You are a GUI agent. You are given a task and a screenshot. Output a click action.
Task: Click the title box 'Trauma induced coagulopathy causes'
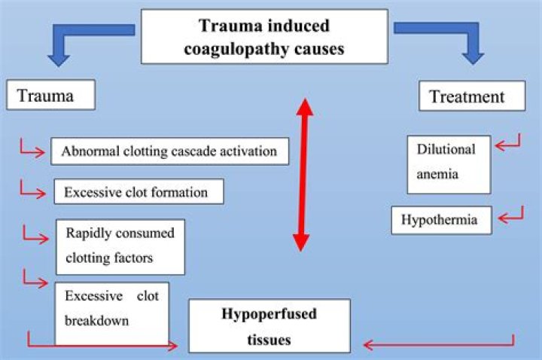point(264,36)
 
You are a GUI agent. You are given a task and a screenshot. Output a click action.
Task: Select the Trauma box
point(51,96)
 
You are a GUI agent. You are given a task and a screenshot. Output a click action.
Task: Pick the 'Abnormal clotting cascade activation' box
point(170,151)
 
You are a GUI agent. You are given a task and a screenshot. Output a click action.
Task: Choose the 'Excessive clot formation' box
point(139,191)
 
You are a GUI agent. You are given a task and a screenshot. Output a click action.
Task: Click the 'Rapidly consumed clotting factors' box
point(120,245)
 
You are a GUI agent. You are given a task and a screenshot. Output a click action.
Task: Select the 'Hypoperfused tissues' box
point(269,325)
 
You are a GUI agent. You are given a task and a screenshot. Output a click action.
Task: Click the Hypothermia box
point(441,221)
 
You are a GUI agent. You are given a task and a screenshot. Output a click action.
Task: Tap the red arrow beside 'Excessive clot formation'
point(35,190)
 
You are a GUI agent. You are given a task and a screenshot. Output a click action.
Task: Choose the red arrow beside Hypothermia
point(512,218)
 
